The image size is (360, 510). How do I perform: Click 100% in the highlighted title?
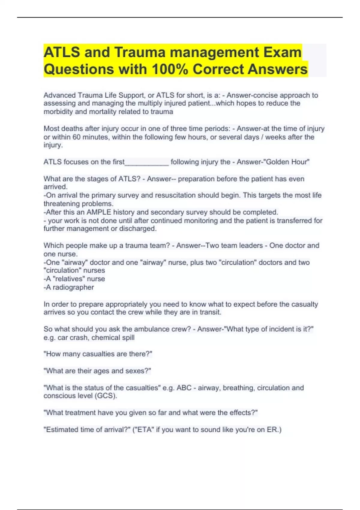(170, 69)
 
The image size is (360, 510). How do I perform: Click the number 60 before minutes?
(77, 137)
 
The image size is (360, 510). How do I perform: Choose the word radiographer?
(73, 287)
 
